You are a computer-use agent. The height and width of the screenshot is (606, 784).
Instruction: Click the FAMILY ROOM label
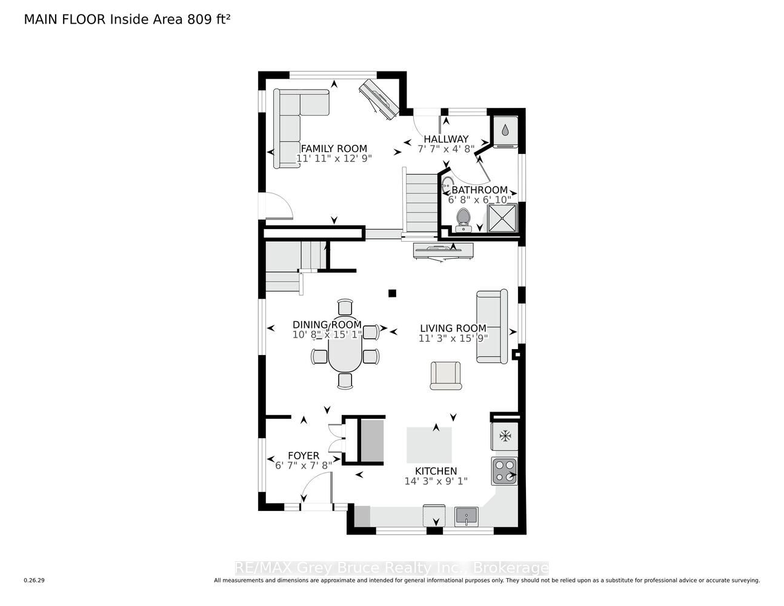[334, 148]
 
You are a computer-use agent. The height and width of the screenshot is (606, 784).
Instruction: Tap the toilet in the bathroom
[463, 220]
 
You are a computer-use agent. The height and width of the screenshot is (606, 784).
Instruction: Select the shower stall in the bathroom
[503, 218]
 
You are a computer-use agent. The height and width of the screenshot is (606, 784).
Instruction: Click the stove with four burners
[504, 471]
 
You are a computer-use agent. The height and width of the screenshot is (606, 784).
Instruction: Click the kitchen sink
[467, 516]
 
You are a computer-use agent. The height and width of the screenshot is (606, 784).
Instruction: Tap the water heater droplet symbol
[505, 130]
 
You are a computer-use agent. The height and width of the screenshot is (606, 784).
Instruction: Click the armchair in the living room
[446, 376]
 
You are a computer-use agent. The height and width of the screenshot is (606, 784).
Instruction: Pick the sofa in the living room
[492, 326]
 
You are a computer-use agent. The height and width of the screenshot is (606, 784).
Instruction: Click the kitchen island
[430, 445]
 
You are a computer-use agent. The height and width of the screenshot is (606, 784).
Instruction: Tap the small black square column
[392, 293]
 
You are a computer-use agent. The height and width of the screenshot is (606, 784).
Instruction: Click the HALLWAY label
[446, 139]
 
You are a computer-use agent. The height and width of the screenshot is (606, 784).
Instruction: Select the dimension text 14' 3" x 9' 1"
[436, 481]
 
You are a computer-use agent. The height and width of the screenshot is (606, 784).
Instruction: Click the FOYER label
[304, 456]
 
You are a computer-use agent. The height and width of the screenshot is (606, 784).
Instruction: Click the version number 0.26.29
[35, 581]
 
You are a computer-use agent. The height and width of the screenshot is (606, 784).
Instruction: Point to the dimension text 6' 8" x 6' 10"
[479, 199]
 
